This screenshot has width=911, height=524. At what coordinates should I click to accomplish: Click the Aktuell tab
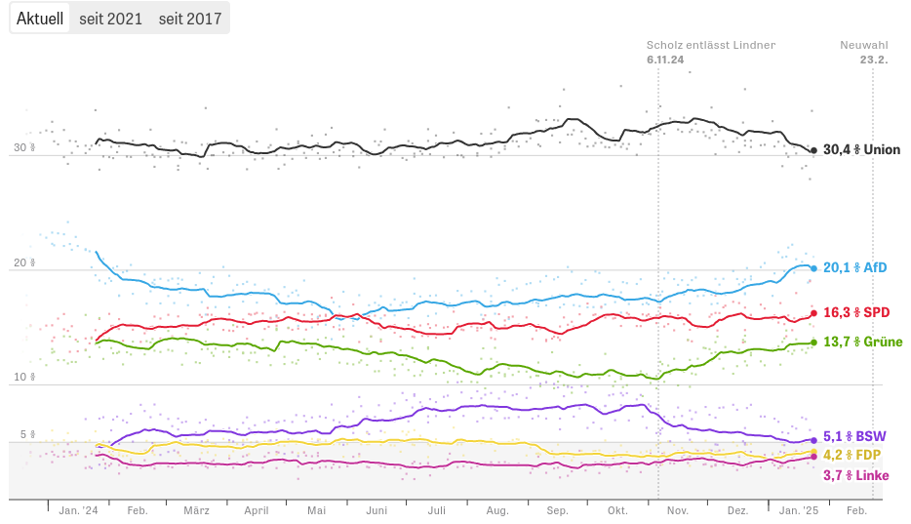tap(40, 19)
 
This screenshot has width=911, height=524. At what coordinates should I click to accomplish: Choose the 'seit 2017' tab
tap(190, 19)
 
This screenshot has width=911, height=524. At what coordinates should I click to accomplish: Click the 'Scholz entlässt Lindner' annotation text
tap(710, 45)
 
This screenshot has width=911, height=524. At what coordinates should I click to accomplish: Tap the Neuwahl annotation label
tap(864, 45)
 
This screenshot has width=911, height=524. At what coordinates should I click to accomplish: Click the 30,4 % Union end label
tap(861, 150)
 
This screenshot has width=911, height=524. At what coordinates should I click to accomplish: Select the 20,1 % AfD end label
tap(855, 267)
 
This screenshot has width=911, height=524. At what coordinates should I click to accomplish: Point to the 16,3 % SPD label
tap(856, 313)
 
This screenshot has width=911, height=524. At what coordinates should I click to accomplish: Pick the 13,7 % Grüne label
tap(862, 342)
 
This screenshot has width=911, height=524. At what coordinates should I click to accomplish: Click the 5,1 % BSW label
tap(854, 436)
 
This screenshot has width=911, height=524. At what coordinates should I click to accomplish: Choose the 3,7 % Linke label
tap(855, 475)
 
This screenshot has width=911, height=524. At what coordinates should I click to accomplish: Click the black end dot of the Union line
tap(813, 150)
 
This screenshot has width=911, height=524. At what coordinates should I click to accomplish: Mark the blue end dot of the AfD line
tap(813, 267)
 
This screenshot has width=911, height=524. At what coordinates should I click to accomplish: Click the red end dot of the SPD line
tap(813, 313)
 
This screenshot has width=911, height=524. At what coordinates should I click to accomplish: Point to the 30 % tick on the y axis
tap(23, 148)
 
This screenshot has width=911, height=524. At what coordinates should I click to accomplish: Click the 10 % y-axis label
tap(23, 377)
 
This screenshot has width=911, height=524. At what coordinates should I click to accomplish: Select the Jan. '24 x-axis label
tap(78, 510)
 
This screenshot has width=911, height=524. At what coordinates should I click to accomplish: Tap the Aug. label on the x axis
tap(497, 510)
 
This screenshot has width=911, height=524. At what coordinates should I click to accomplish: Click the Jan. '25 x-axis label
tap(799, 510)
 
